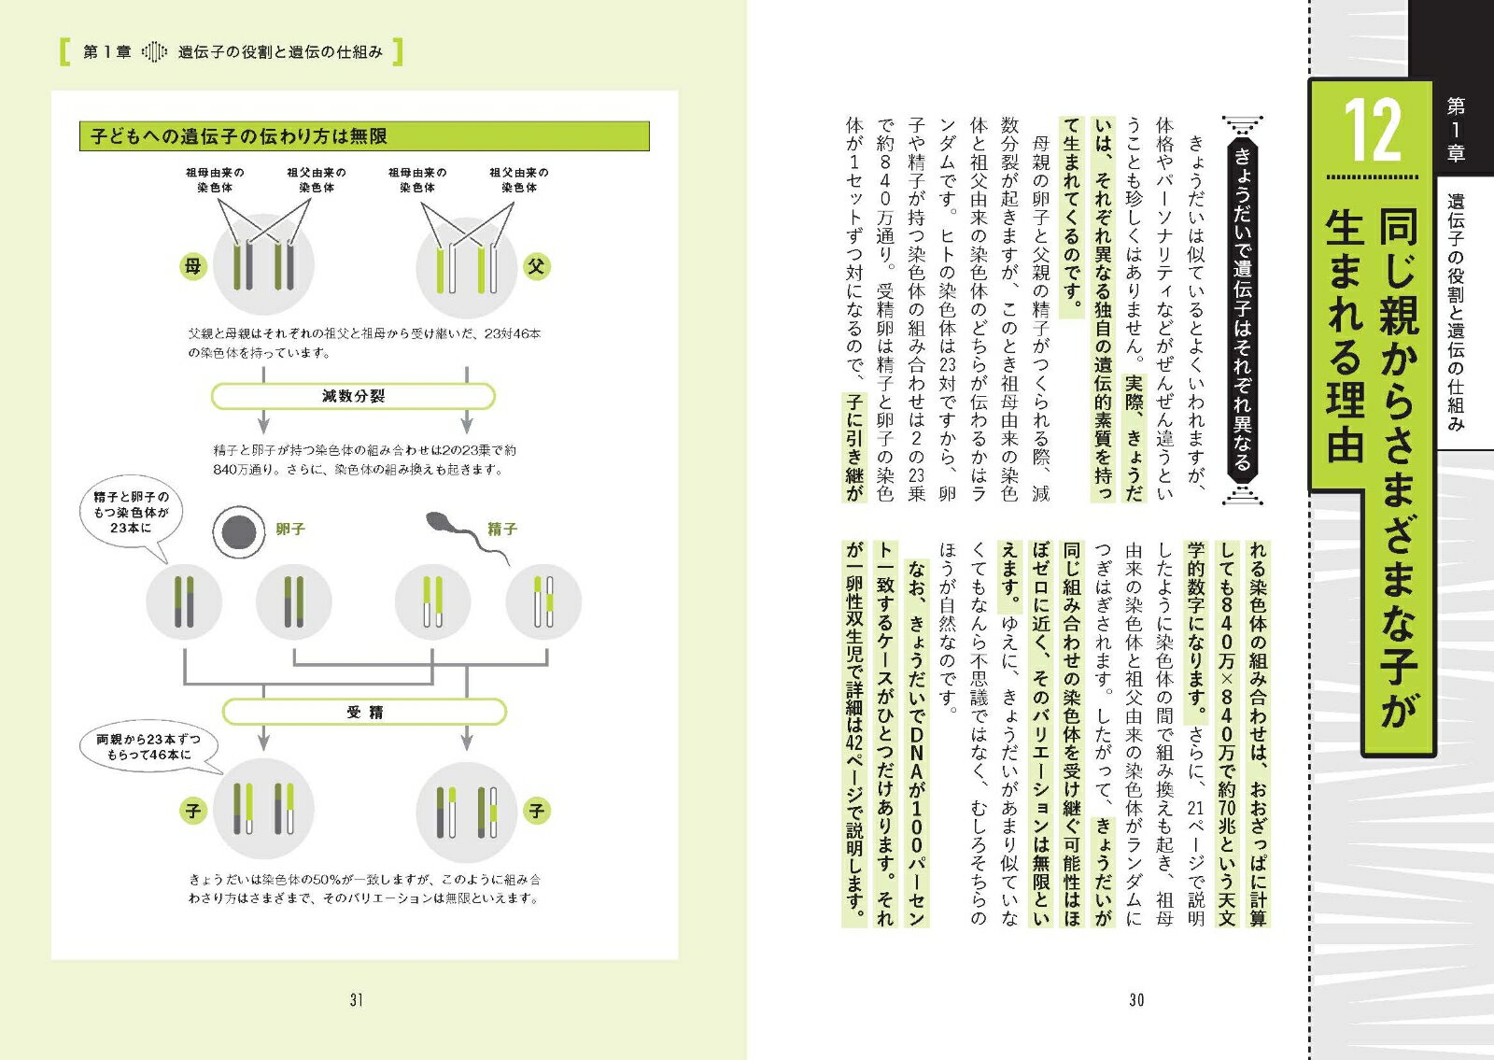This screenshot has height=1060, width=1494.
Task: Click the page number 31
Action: pyautogui.click(x=356, y=1000)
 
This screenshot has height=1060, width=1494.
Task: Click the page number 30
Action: pyautogui.click(x=1136, y=1000)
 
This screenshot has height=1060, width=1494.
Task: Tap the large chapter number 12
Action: pyautogui.click(x=1372, y=132)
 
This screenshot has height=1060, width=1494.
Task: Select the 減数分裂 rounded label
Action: pyautogui.click(x=353, y=396)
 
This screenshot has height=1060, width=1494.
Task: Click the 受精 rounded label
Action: pyautogui.click(x=364, y=713)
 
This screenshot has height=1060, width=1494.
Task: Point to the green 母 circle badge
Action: pyautogui.click(x=192, y=266)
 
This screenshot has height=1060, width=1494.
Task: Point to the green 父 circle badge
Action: pyautogui.click(x=536, y=266)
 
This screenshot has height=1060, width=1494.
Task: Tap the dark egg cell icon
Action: pyautogui.click(x=238, y=531)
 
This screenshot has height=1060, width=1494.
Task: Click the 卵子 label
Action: pyautogui.click(x=290, y=530)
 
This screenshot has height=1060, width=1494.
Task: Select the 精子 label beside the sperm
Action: pyautogui.click(x=502, y=530)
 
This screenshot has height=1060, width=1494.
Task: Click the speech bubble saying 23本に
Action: pyautogui.click(x=131, y=515)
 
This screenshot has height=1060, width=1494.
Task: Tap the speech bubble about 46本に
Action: pyautogui.click(x=148, y=747)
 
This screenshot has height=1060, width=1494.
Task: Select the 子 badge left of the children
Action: pyautogui.click(x=192, y=811)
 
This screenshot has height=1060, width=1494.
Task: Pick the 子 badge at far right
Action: pyautogui.click(x=536, y=811)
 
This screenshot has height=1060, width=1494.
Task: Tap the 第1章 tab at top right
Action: pyautogui.click(x=1456, y=130)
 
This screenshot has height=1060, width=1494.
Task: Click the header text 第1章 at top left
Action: pyautogui.click(x=106, y=52)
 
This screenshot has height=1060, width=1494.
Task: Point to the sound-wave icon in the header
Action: pyautogui.click(x=154, y=52)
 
